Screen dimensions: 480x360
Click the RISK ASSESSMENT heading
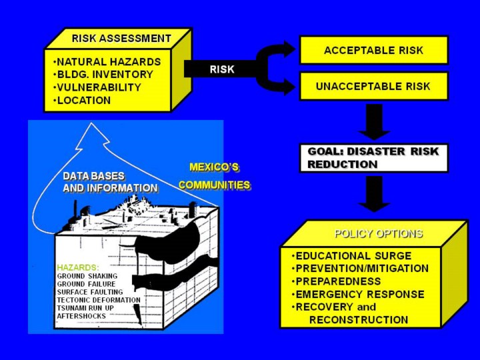[121, 39]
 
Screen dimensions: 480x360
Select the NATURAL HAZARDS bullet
[107, 62]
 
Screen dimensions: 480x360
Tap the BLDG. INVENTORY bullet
[103, 75]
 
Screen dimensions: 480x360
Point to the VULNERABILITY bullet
[97, 87]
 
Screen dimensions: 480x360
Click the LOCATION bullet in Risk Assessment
[82, 101]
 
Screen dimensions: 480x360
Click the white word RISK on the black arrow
[222, 69]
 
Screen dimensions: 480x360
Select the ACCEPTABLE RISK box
[374, 50]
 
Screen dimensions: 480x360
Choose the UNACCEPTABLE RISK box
[374, 86]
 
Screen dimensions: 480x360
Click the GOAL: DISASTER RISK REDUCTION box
[373, 158]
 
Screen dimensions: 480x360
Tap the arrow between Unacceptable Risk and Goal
[374, 122]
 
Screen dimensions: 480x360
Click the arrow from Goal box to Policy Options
[374, 194]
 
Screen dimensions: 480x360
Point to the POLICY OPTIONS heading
[379, 234]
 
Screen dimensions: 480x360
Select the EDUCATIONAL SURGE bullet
[352, 255]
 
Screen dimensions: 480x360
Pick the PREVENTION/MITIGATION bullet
[360, 268]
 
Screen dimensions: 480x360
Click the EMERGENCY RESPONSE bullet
[358, 294]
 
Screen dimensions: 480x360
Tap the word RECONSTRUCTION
[359, 320]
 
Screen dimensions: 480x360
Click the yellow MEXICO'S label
[214, 167]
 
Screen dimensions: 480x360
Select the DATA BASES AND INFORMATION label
[110, 182]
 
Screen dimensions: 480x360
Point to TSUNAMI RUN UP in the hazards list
[85, 308]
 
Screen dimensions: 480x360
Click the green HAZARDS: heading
[78, 267]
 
